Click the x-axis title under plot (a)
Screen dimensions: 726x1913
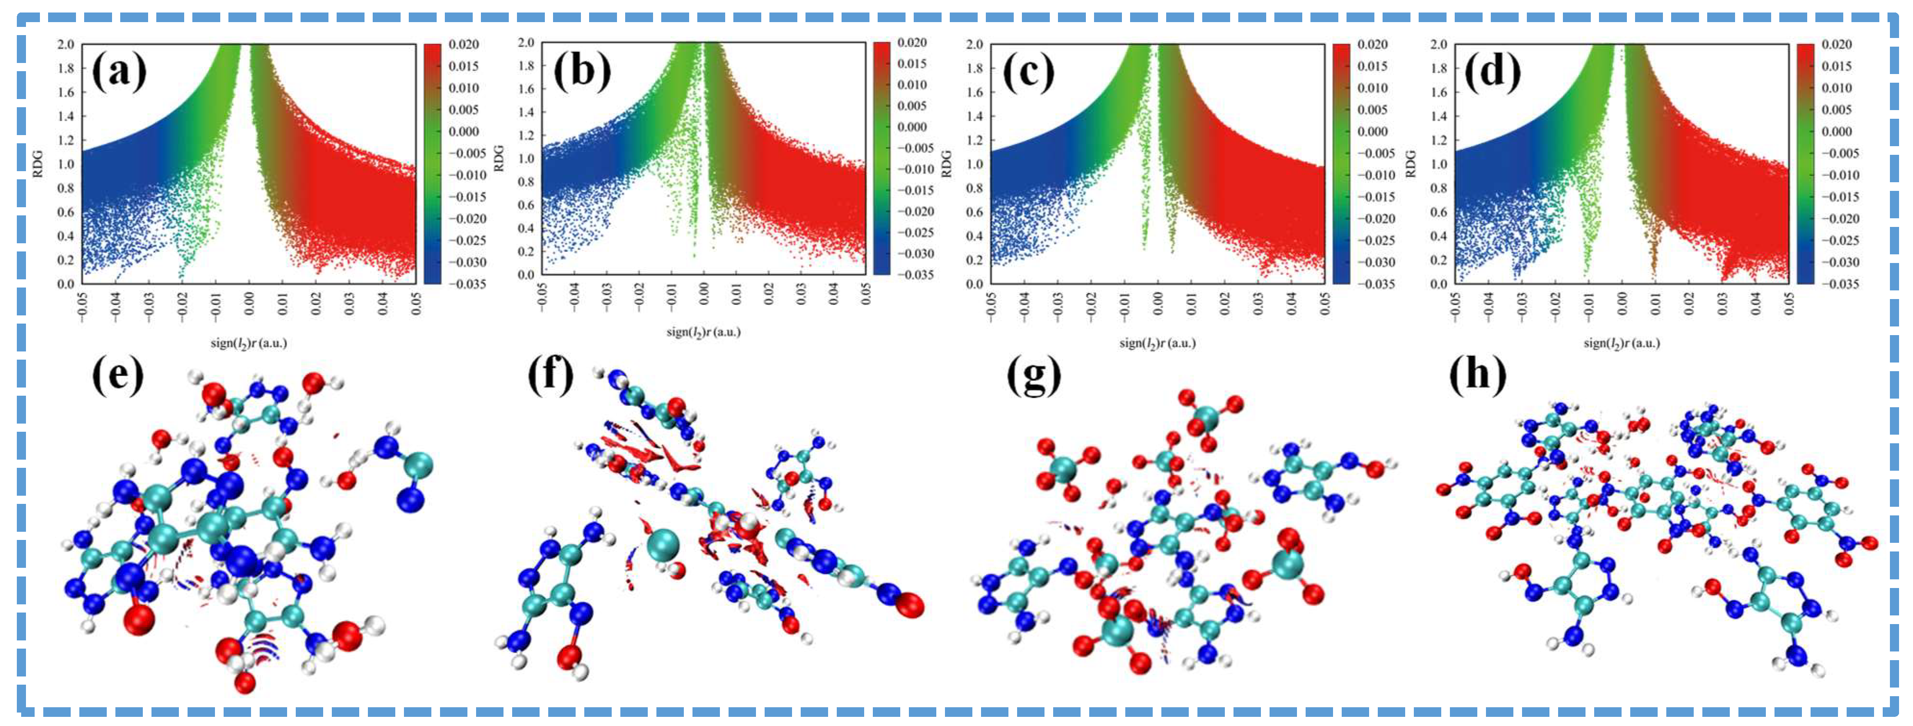coord(249,343)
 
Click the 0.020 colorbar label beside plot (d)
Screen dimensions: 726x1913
coord(1837,45)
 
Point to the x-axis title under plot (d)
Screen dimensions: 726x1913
coord(1621,343)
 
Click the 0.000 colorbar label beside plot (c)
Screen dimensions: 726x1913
coord(1372,131)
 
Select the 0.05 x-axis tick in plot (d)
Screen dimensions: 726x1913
coord(1789,303)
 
